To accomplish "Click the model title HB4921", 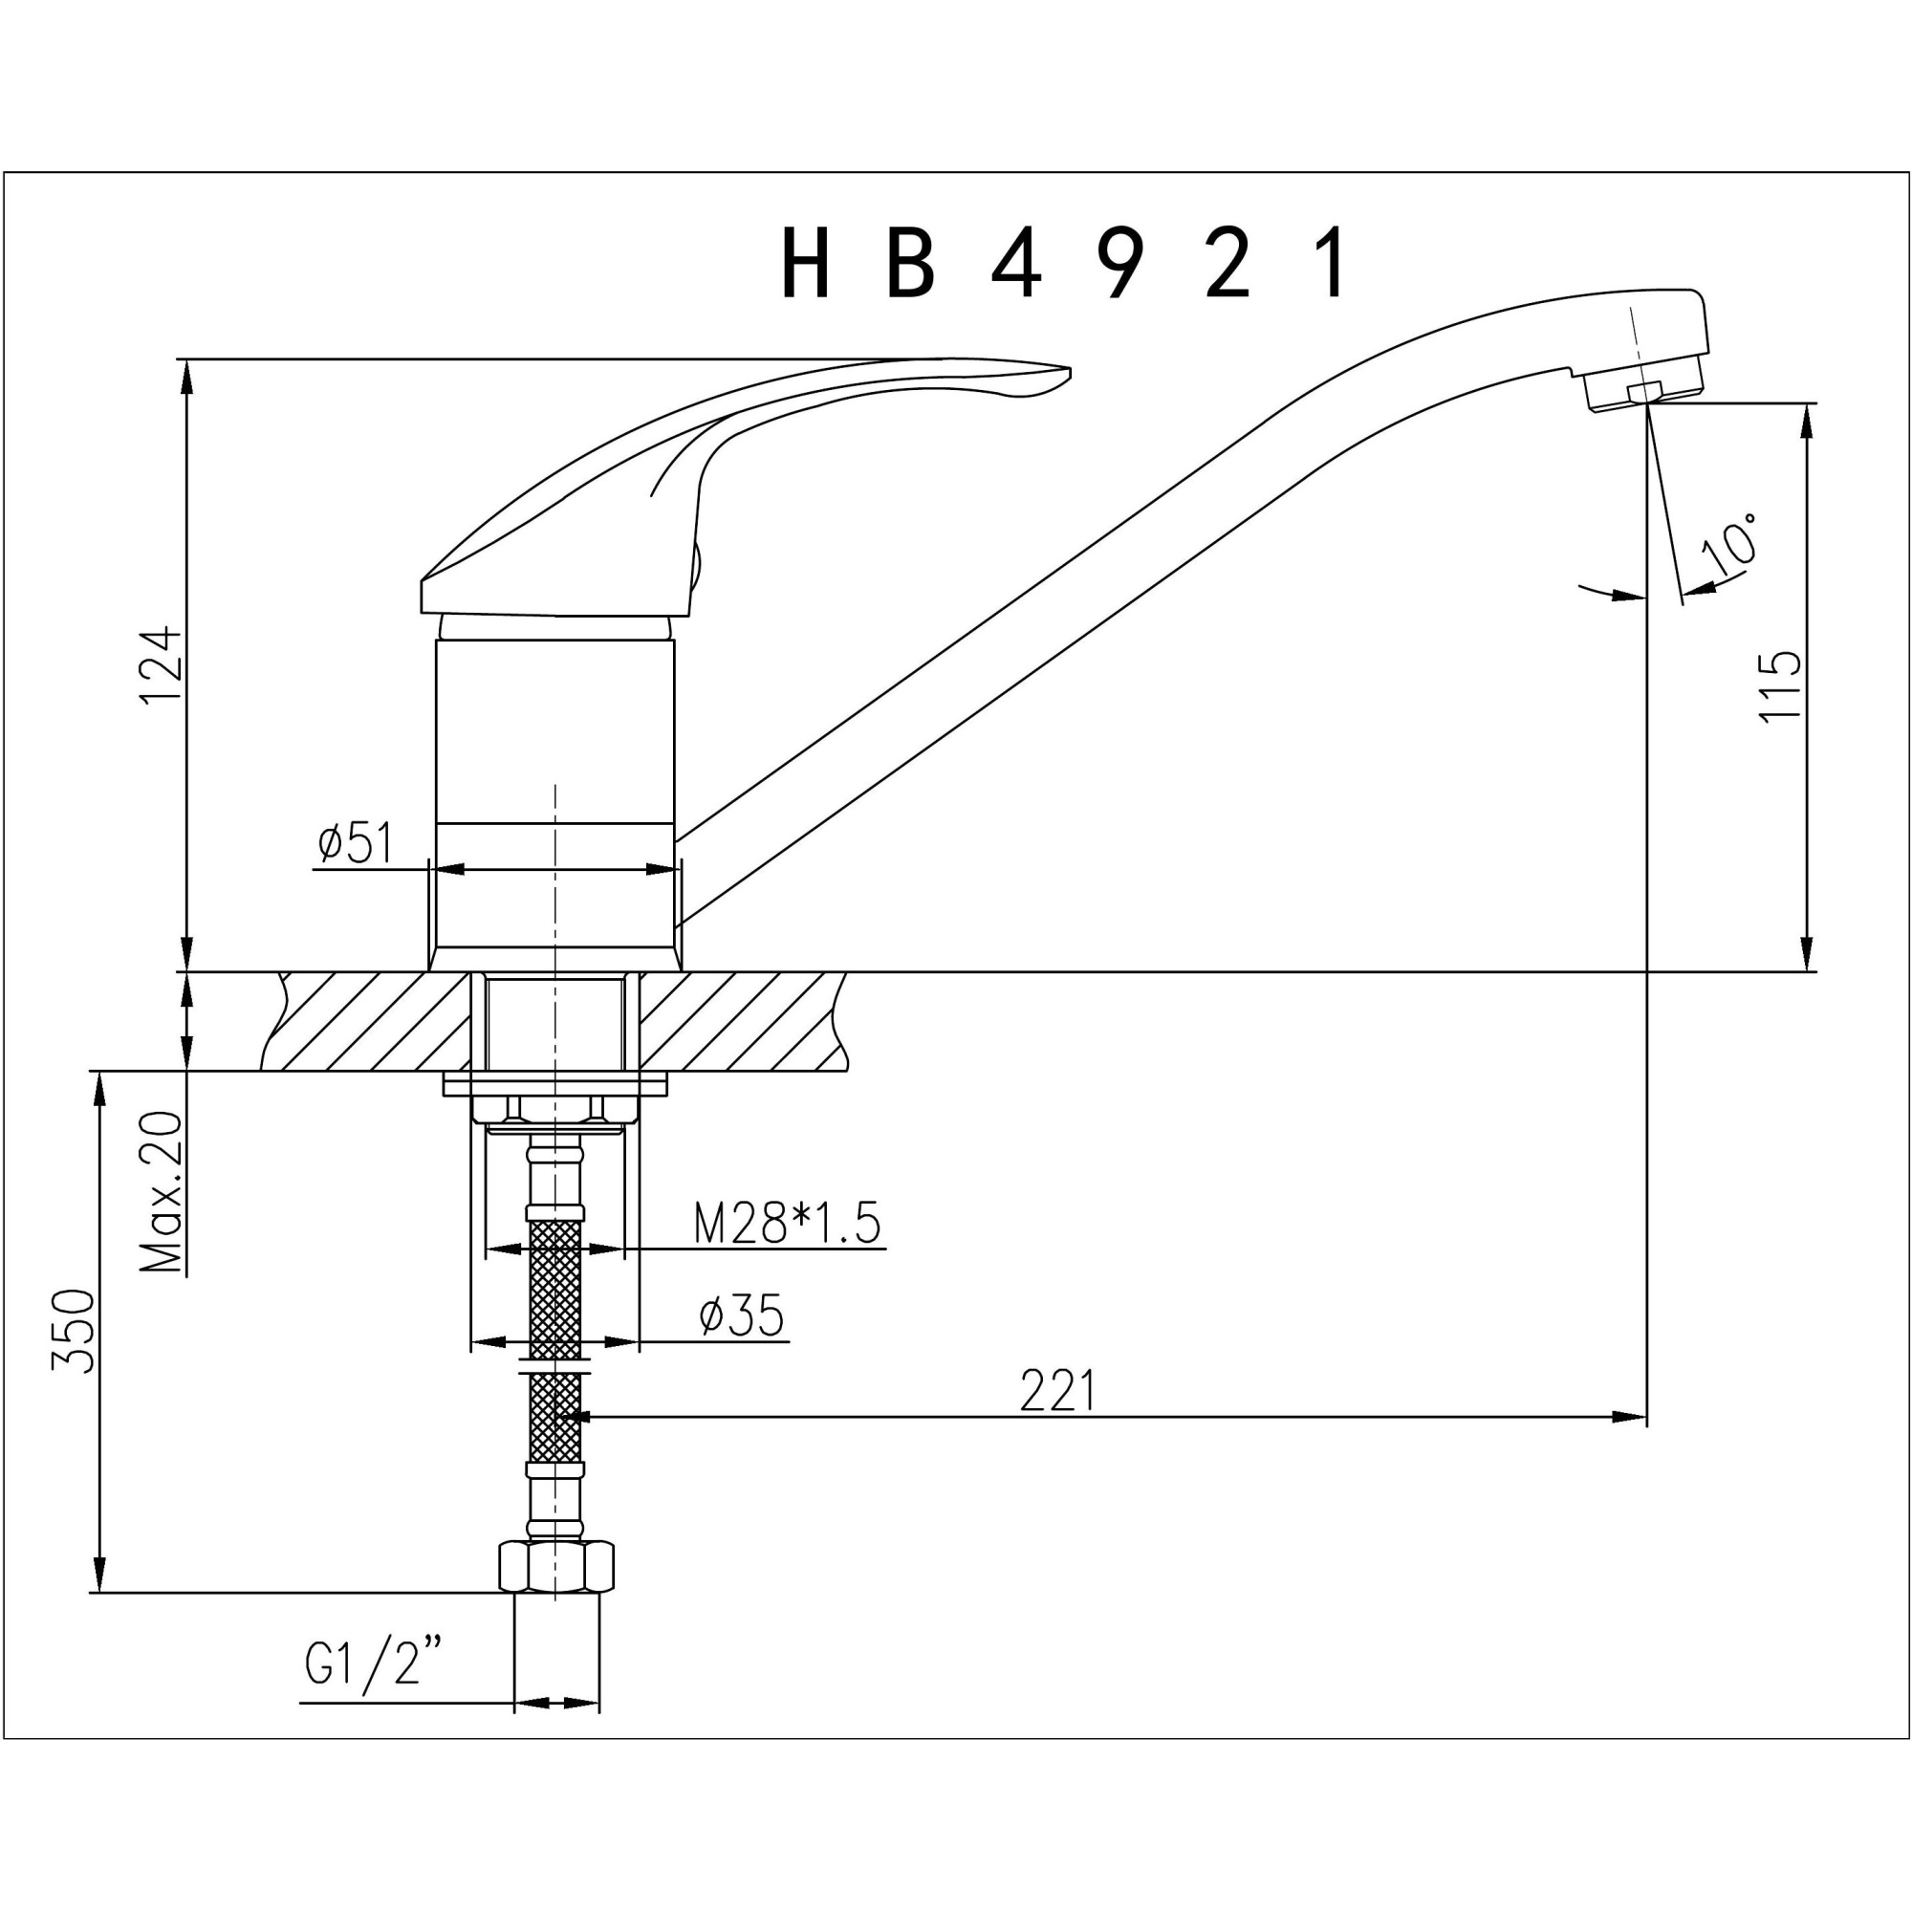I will [x=1063, y=262].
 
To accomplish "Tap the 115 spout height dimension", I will [x=1781, y=685].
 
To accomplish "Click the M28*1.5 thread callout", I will [x=787, y=1225].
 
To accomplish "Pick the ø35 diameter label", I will [x=741, y=1316].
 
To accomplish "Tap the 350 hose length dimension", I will [x=75, y=1331].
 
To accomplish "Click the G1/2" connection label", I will [x=372, y=1662].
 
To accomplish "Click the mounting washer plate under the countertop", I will [x=555, y=1084].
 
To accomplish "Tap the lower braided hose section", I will [x=555, y=1418].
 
